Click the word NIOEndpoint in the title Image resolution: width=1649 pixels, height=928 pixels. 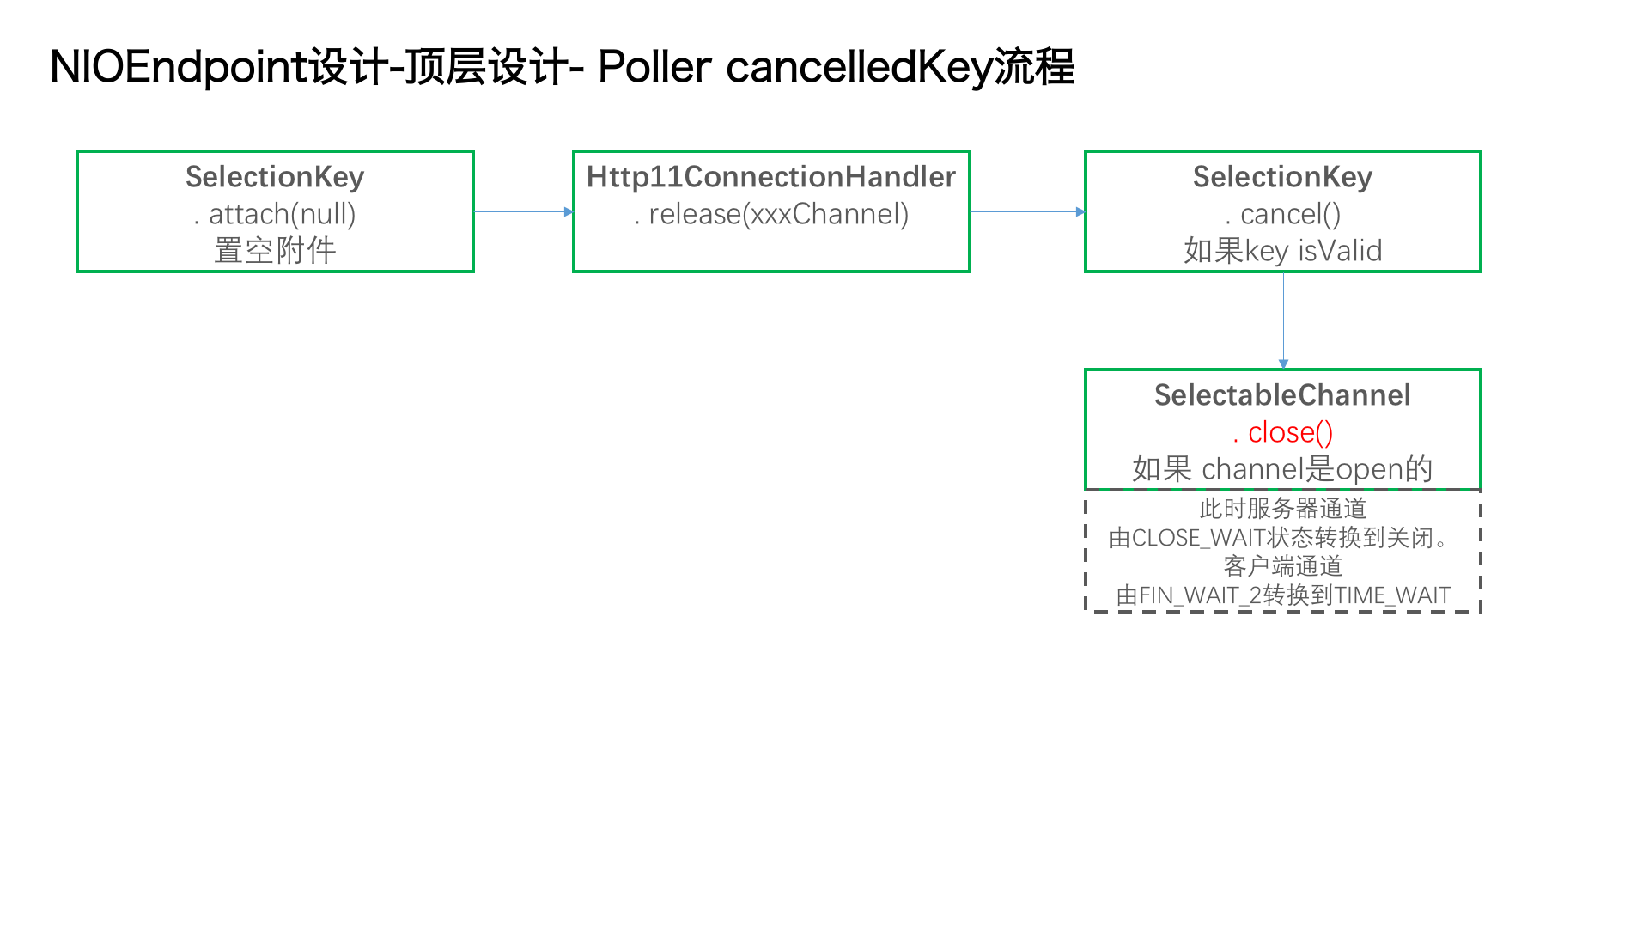(x=179, y=67)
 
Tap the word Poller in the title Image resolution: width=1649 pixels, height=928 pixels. (x=654, y=67)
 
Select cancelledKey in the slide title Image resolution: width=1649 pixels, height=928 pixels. (x=859, y=67)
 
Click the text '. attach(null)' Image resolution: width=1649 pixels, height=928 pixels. (x=275, y=214)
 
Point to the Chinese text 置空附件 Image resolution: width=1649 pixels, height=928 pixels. (x=275, y=251)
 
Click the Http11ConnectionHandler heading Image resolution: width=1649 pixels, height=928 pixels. (x=771, y=177)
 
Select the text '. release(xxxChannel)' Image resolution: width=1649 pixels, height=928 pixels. (x=771, y=214)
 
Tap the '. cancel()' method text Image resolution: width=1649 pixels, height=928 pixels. (x=1283, y=214)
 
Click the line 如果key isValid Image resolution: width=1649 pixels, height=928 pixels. (x=1283, y=251)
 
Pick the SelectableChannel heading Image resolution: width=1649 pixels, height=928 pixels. (x=1282, y=395)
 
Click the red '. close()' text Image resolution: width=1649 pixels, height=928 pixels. (x=1283, y=432)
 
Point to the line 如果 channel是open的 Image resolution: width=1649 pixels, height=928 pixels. (x=1282, y=469)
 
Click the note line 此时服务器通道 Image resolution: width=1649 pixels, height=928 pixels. (x=1283, y=509)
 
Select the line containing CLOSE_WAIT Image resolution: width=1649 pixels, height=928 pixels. (x=1280, y=538)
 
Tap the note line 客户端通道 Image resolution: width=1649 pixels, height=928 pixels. (x=1283, y=566)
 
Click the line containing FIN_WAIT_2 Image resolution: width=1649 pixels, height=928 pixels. (x=1283, y=595)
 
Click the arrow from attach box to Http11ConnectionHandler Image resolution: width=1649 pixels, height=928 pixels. (x=524, y=211)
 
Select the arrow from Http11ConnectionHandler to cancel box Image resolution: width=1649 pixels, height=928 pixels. (x=1028, y=211)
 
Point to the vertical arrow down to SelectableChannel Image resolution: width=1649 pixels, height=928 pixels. (x=1283, y=321)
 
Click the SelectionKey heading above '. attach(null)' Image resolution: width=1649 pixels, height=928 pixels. (x=275, y=177)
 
